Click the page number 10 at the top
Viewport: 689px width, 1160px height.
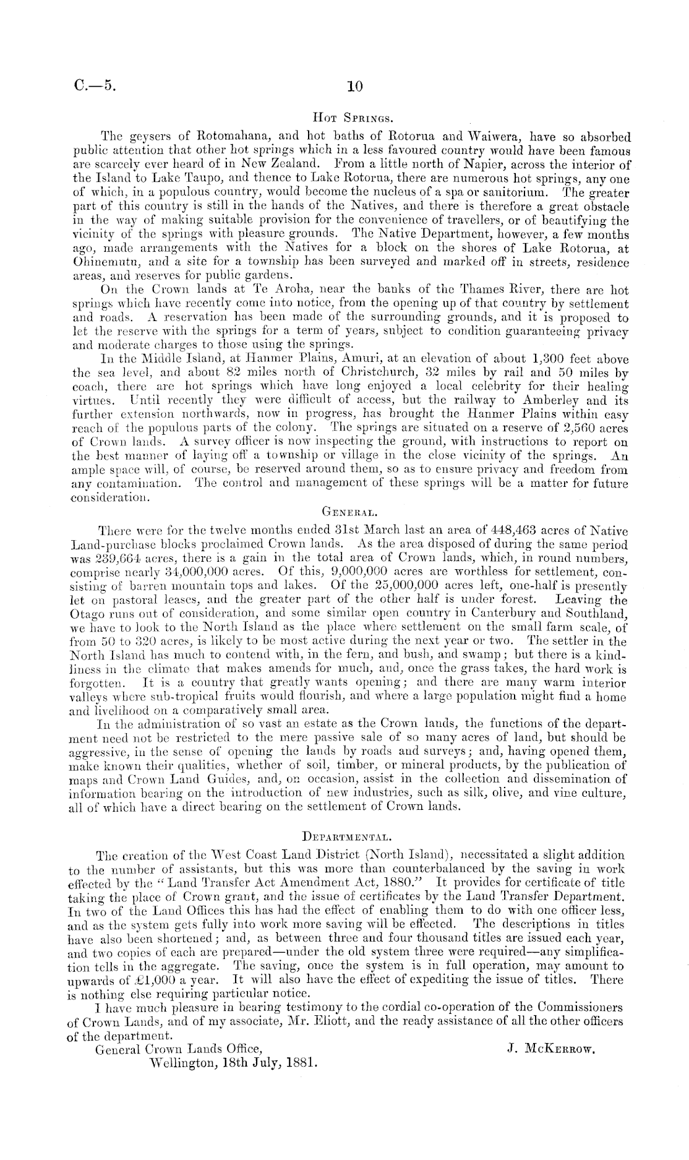click(354, 87)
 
